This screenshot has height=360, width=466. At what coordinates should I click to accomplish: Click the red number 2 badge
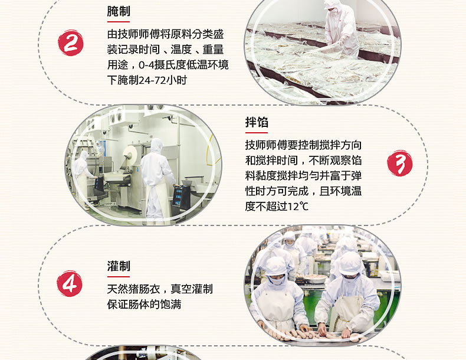(x=70, y=43)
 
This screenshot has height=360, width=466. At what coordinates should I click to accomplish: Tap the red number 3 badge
(x=400, y=163)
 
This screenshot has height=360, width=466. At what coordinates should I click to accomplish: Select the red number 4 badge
(x=70, y=283)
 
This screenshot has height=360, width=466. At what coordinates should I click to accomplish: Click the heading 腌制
(x=119, y=11)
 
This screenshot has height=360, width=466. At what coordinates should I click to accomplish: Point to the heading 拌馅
(x=257, y=122)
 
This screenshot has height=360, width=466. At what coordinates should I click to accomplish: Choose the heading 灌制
(x=119, y=266)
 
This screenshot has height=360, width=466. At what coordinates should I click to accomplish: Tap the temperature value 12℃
(x=298, y=207)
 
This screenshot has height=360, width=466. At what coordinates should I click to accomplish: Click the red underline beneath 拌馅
(x=257, y=133)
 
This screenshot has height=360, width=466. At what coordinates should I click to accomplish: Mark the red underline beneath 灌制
(x=119, y=276)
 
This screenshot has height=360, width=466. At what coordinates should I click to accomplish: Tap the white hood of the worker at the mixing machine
(x=157, y=146)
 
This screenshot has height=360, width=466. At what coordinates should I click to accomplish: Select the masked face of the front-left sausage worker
(x=277, y=279)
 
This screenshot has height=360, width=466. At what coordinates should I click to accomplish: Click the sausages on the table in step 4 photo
(x=312, y=335)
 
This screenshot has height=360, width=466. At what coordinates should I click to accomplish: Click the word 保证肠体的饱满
(x=144, y=305)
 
